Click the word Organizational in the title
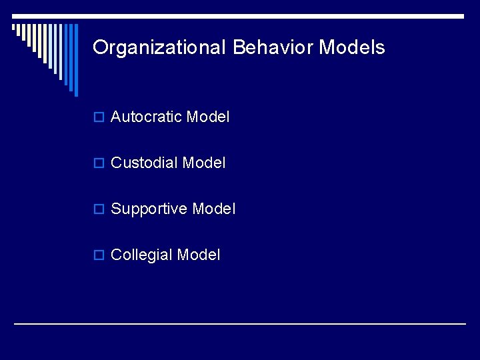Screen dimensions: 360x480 coord(160,47)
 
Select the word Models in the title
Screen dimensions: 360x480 coord(352,47)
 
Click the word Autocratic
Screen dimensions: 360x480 coord(146,117)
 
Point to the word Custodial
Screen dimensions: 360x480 coord(144,163)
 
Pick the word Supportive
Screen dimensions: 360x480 coord(149,209)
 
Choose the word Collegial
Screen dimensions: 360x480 coord(141,255)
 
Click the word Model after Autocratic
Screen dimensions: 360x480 coord(208,117)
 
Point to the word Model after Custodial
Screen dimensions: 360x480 coord(204,163)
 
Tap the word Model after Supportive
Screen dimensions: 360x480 coord(213,209)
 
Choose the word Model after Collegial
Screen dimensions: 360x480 coord(198,255)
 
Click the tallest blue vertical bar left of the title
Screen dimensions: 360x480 coord(75,60)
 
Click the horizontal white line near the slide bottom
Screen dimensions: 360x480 coord(240,324)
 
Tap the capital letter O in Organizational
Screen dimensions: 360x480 coord(100,47)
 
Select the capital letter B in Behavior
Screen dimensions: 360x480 coord(239,47)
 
